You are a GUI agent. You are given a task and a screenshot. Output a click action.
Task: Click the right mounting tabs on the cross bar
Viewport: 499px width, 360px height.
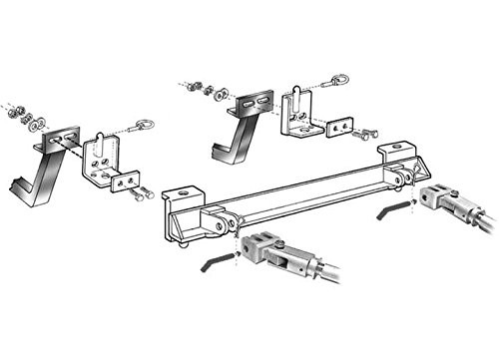pos(402,179)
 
